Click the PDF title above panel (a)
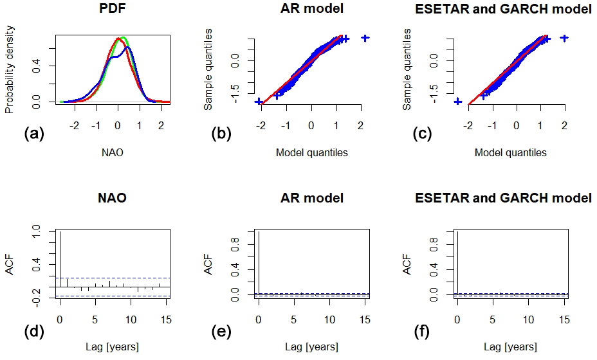tap(112, 10)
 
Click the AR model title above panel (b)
tap(311, 10)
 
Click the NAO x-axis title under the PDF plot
tap(112, 153)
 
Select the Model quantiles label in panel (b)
tap(311, 153)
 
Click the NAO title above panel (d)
tap(112, 198)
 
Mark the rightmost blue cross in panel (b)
tap(365, 38)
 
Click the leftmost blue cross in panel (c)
tap(457, 102)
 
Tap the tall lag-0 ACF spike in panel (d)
tap(60, 257)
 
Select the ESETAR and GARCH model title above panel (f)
tap(511, 198)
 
